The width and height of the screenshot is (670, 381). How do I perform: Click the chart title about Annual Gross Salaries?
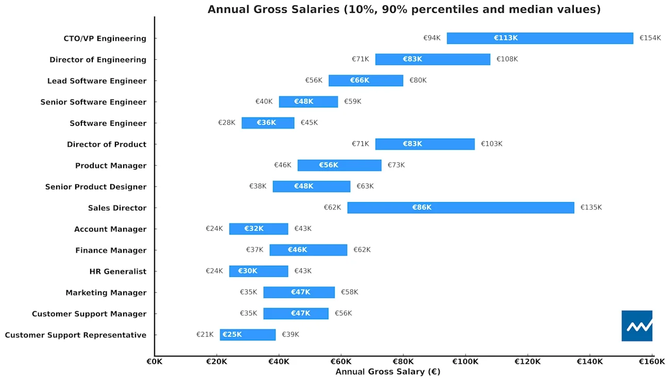tap(404, 10)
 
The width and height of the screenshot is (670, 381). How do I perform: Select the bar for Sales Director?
tap(461, 208)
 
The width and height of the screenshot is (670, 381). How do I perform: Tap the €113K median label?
tap(506, 38)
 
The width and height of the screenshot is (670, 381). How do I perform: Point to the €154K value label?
tap(650, 38)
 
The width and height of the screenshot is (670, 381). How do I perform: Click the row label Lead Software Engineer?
tap(96, 81)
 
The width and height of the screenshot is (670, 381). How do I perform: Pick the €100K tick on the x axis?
tap(465, 362)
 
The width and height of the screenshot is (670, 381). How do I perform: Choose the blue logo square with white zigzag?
tap(637, 326)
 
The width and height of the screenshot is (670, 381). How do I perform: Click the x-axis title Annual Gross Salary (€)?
tap(388, 372)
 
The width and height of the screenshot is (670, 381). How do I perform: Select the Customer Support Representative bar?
tap(248, 335)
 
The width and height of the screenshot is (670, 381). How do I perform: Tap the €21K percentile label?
tap(205, 335)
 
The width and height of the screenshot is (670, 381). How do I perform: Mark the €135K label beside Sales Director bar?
tap(591, 207)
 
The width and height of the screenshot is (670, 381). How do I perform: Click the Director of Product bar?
tap(425, 144)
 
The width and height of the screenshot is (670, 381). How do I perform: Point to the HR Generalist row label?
tap(118, 272)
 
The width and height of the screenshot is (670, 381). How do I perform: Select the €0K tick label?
tap(154, 362)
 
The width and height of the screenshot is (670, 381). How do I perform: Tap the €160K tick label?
tap(652, 362)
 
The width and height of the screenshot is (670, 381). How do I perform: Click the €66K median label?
tap(360, 80)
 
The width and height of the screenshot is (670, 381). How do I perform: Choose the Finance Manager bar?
tap(308, 250)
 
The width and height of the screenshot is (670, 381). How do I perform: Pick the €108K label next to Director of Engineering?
tap(507, 59)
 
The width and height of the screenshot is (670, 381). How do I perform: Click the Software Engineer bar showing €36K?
tap(268, 123)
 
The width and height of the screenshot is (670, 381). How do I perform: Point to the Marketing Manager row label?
tap(106, 293)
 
